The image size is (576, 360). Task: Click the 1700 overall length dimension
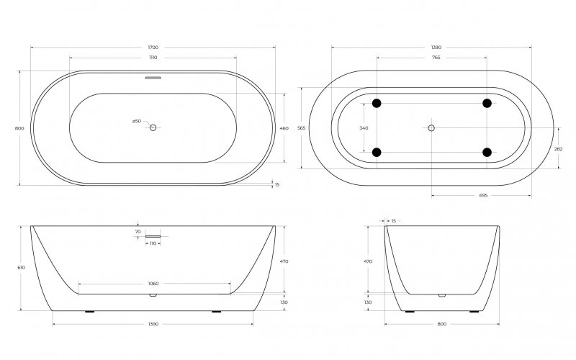point(153,48)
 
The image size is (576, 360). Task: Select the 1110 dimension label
point(153,58)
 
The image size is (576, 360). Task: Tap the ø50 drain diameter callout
point(137,121)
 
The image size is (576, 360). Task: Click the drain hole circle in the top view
point(153,127)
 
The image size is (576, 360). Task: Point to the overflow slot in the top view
point(153,78)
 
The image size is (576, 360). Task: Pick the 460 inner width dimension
point(284,129)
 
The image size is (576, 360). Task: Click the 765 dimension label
point(436,58)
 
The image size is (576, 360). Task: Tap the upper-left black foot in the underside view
point(377,103)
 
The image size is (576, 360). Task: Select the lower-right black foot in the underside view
point(487,152)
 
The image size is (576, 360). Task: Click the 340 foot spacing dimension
point(364,128)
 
